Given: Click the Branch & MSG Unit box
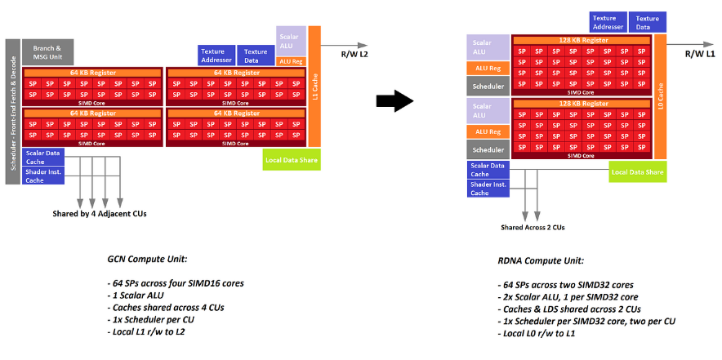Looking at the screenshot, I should pyautogui.click(x=47, y=52).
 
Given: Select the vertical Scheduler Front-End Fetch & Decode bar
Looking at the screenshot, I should pyautogui.click(x=13, y=110).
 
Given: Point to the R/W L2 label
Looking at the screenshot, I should pyautogui.click(x=354, y=54).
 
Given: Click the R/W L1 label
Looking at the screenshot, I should pyautogui.click(x=699, y=53).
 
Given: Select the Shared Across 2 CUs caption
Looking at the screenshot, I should pyautogui.click(x=533, y=227).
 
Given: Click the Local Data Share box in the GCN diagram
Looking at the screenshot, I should pyautogui.click(x=292, y=159).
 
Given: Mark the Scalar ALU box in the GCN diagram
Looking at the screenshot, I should pyautogui.click(x=292, y=41).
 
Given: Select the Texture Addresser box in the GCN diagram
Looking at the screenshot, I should pyautogui.click(x=216, y=56).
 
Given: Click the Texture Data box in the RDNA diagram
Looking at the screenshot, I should pyautogui.click(x=648, y=22).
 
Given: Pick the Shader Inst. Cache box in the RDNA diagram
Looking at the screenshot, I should pyautogui.click(x=490, y=189).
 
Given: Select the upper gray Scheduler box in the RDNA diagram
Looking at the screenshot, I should pyautogui.click(x=488, y=86).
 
